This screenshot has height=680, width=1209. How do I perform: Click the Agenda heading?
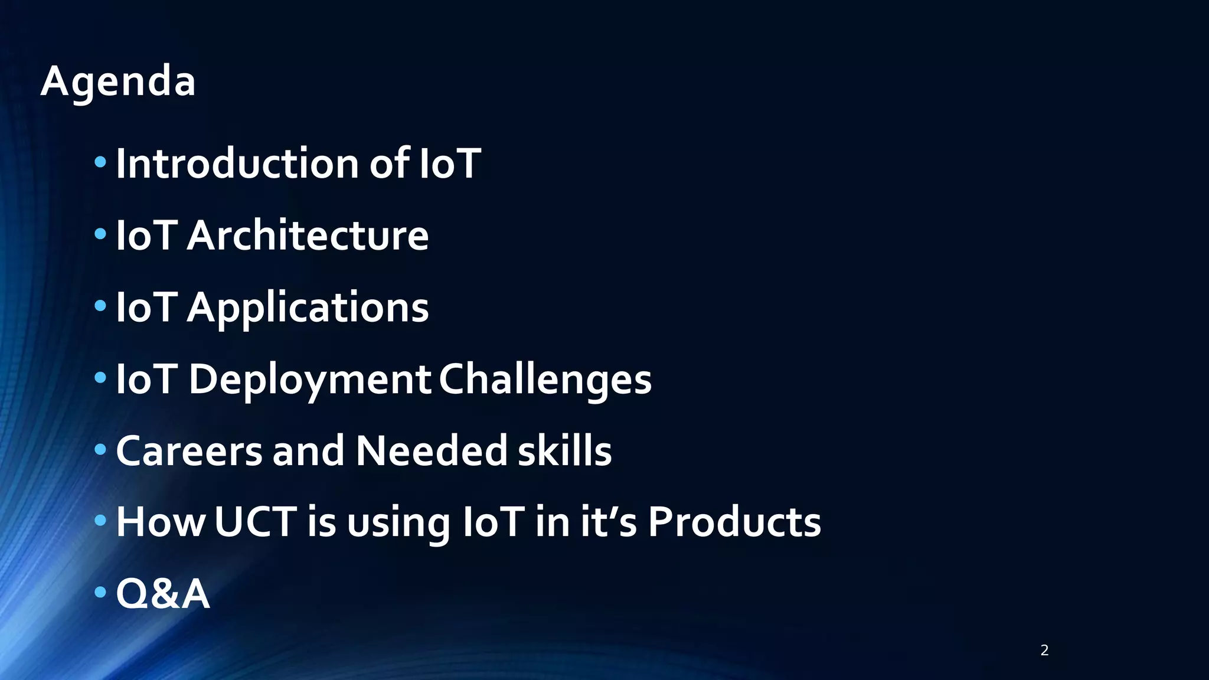click(x=118, y=81)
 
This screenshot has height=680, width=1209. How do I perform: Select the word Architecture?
click(x=308, y=236)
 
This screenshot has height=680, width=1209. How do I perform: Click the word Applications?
click(x=308, y=308)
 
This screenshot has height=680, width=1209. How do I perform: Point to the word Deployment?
click(x=309, y=380)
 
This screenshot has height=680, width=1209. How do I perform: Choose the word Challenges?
click(x=545, y=379)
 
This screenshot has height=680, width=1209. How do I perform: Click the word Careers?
click(x=189, y=451)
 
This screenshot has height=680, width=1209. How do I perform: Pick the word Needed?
click(x=431, y=451)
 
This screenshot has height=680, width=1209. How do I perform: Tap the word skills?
click(x=564, y=451)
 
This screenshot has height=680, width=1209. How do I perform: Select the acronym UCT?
click(x=255, y=522)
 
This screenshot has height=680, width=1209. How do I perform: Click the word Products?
click(x=734, y=522)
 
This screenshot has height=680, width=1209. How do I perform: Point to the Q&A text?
click(x=163, y=594)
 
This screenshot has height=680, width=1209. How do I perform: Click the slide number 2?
click(x=1044, y=650)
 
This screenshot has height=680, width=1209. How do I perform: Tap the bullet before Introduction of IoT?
click(x=100, y=162)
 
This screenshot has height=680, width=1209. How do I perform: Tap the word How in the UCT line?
click(x=161, y=522)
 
